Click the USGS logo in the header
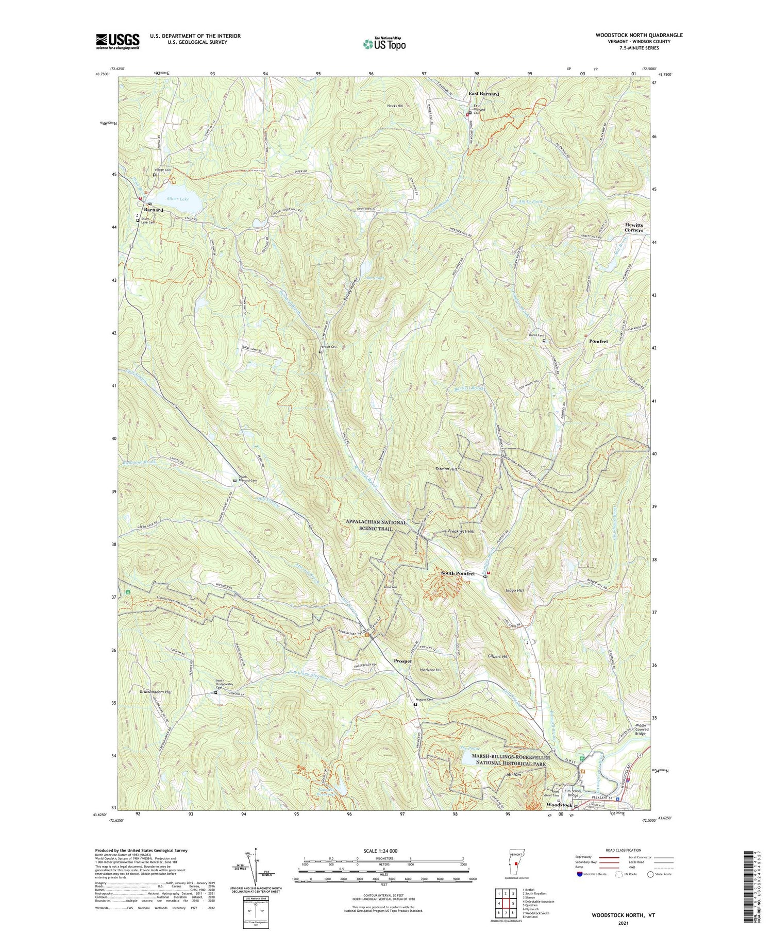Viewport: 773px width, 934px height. (117, 41)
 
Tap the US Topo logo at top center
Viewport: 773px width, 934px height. (384, 44)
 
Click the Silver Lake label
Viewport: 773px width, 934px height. (178, 199)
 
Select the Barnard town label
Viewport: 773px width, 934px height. (154, 210)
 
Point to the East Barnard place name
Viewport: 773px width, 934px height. (483, 94)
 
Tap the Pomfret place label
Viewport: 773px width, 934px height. (598, 342)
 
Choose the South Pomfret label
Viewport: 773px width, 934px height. (458, 573)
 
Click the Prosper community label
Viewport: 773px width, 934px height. (402, 661)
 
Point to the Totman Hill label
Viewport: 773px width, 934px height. (446, 469)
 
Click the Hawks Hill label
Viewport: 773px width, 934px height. (395, 106)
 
